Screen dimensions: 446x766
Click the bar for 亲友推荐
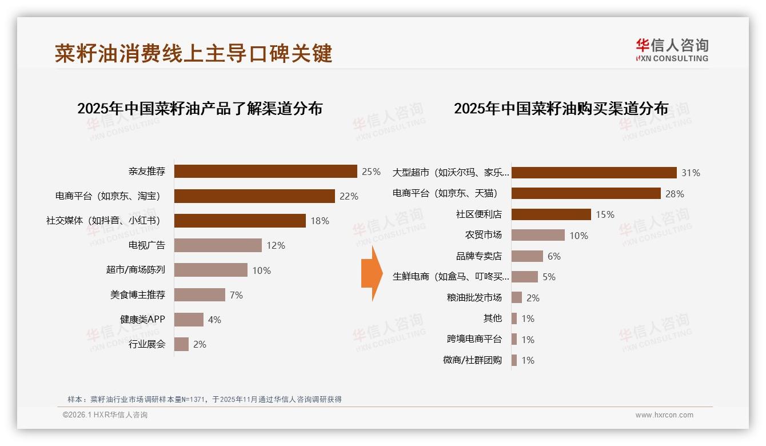[x=266, y=172]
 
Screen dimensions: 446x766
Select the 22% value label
[x=349, y=196]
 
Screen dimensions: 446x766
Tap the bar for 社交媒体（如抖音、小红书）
[x=240, y=221]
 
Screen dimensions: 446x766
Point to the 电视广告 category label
[x=147, y=245]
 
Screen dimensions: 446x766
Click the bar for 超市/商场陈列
[x=211, y=270]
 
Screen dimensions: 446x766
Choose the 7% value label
[x=236, y=295]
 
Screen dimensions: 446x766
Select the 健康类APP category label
[x=142, y=319]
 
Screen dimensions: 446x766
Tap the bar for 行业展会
[x=182, y=344]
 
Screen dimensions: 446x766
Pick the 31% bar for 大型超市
[x=594, y=173]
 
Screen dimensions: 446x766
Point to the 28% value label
[x=675, y=194]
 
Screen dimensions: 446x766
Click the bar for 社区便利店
[x=551, y=214]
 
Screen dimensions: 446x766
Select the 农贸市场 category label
[x=483, y=235]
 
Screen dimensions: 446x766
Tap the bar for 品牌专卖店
[x=527, y=256]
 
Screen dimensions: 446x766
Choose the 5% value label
[x=549, y=277]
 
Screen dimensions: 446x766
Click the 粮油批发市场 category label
[x=474, y=297]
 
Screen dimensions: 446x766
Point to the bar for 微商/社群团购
[x=514, y=360]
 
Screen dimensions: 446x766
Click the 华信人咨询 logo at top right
[x=672, y=50]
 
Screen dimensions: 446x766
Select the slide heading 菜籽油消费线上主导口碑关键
[x=194, y=54]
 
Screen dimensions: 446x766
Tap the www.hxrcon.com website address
[x=664, y=415]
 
